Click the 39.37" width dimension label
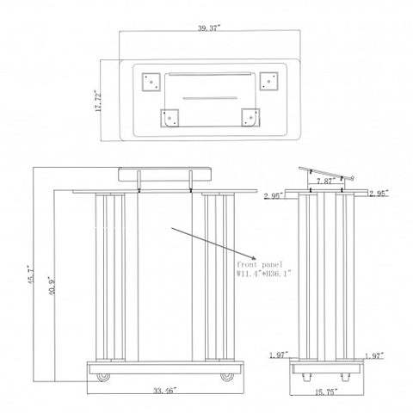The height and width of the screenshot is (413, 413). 209,28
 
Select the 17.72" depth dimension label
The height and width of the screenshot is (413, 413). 98,101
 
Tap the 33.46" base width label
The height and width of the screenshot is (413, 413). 164,391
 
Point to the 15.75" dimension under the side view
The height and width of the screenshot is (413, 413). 326,391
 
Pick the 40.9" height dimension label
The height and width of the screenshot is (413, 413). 52,286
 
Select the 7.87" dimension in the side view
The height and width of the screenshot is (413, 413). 326,182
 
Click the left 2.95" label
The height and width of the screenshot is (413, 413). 274,195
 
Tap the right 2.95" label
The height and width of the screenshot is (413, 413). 379,194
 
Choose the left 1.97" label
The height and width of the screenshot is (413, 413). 279,355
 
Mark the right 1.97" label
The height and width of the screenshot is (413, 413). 374,356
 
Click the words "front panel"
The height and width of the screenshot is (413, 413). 260,264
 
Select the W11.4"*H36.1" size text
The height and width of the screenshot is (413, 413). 264,274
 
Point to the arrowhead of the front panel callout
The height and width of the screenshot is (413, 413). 252,258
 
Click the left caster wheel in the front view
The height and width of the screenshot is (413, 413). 103,377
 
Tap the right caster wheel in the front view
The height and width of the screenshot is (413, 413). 227,377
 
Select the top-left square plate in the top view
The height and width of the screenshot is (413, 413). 151,82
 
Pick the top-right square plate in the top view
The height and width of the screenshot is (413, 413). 268,82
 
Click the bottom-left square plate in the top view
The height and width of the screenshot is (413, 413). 170,118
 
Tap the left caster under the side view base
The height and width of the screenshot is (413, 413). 306,377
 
